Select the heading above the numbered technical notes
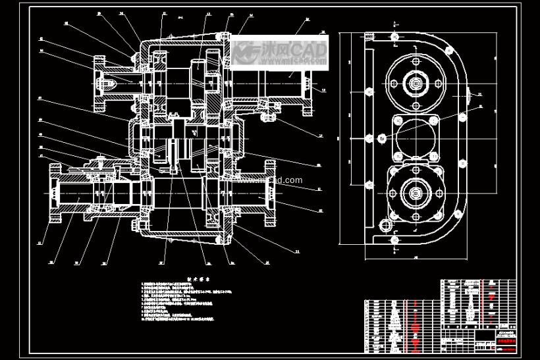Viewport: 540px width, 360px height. point(198,278)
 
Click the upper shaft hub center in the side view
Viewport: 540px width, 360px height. point(416,84)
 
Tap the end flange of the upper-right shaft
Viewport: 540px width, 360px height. point(307,84)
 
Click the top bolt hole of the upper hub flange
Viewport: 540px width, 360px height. point(416,61)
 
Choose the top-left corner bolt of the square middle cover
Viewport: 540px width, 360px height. point(397,120)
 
